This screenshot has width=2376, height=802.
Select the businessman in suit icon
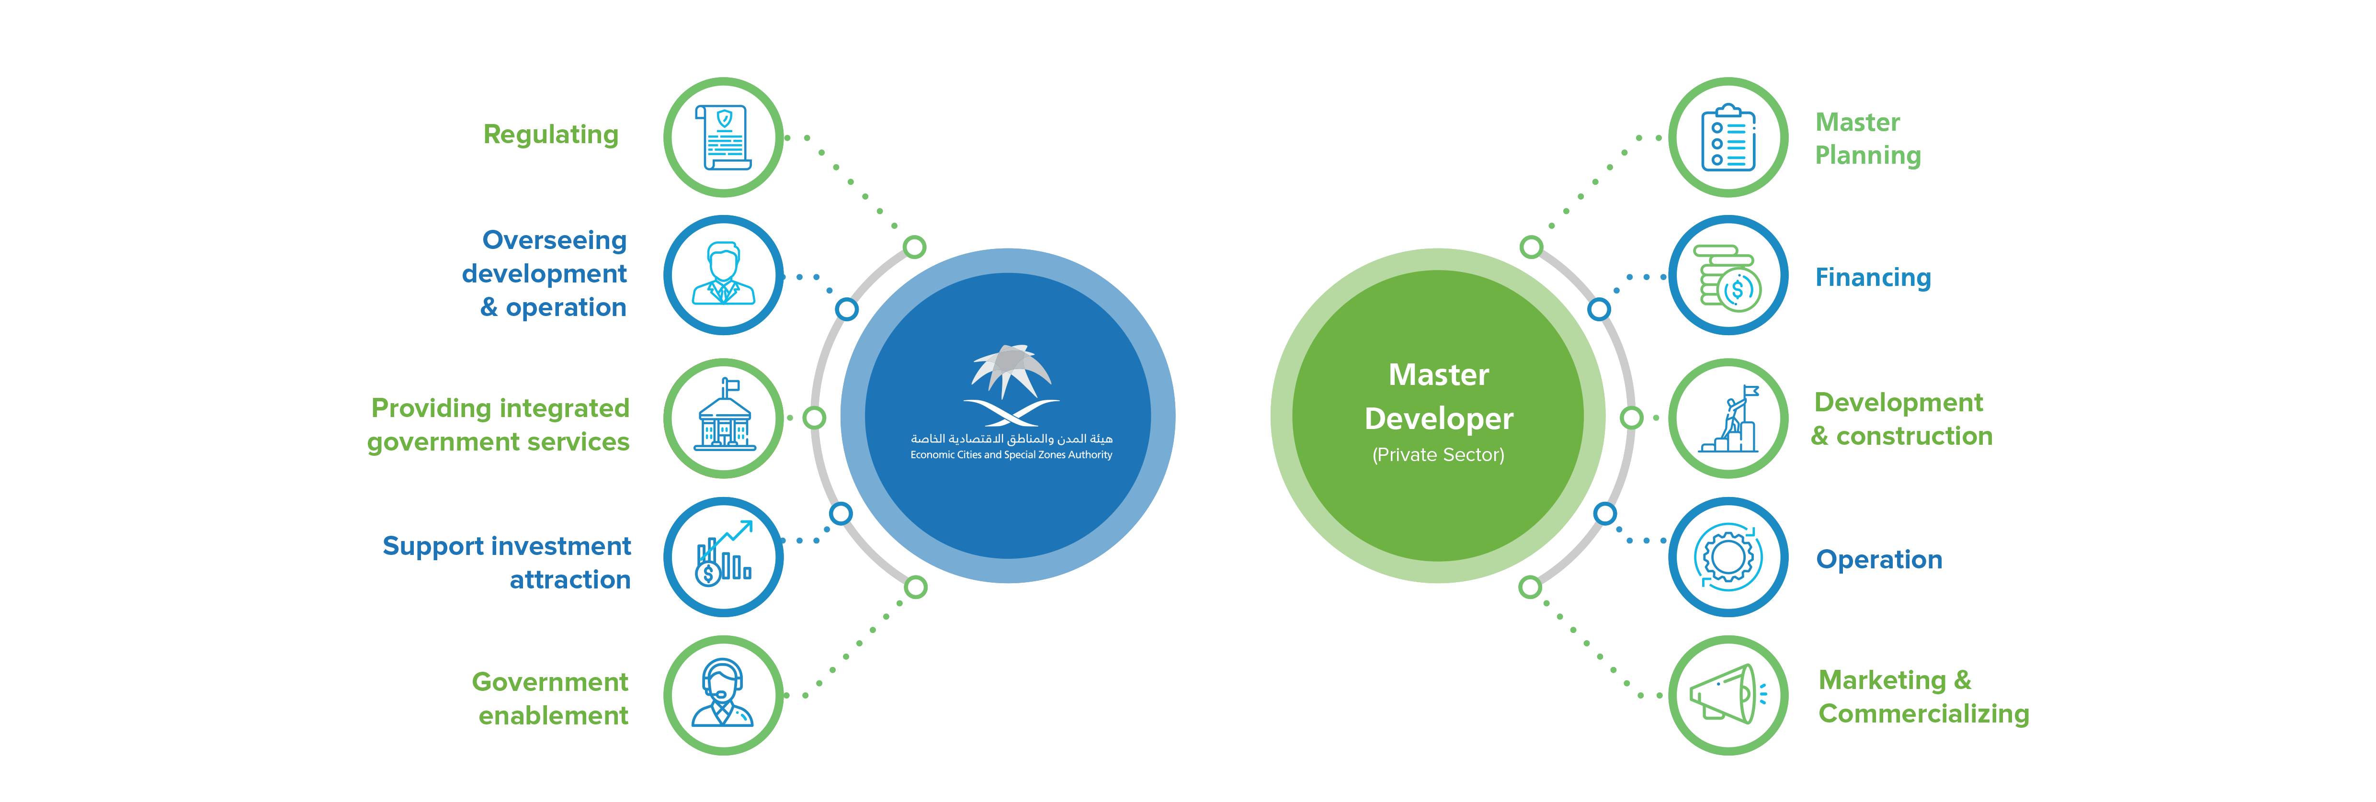(x=724, y=275)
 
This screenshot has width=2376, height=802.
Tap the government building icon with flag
(x=724, y=417)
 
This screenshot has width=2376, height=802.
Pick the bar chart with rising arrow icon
(x=724, y=556)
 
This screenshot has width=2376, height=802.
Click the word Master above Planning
(x=1857, y=123)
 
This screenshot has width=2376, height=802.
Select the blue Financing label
(x=1872, y=278)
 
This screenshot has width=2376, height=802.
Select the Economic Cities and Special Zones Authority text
(x=1011, y=454)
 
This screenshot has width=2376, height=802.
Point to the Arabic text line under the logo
(x=1011, y=439)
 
